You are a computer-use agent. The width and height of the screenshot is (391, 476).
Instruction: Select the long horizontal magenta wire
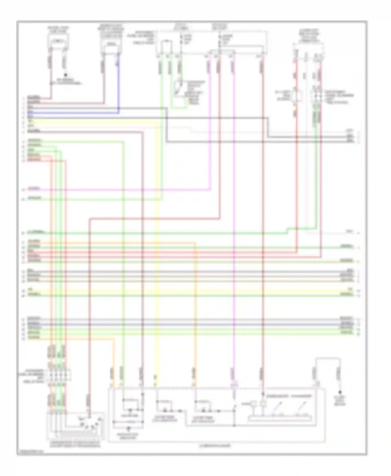coord(117,190)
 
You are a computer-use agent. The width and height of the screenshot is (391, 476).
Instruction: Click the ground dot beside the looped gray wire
coord(340,392)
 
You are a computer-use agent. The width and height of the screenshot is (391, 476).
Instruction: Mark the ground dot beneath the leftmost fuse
coord(66,75)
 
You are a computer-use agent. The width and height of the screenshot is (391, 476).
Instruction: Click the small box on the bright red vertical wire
coord(296,96)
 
